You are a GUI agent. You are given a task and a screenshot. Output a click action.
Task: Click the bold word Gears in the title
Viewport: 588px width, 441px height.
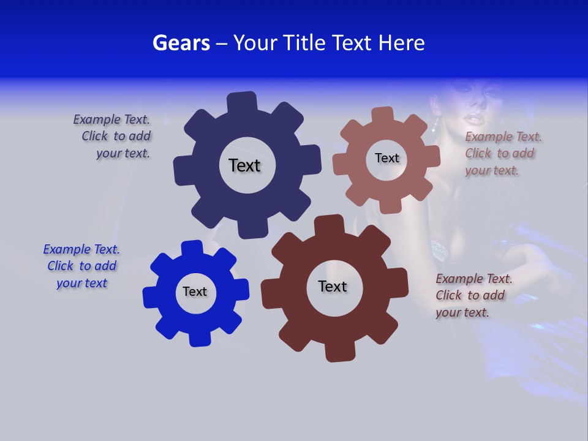pyautogui.click(x=181, y=43)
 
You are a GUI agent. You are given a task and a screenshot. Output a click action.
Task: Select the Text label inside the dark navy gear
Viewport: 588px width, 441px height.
pyautogui.click(x=244, y=165)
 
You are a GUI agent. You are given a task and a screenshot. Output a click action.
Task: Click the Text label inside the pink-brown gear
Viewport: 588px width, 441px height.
pyautogui.click(x=386, y=158)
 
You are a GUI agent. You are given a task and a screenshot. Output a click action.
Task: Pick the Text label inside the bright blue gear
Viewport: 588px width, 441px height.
pyautogui.click(x=195, y=292)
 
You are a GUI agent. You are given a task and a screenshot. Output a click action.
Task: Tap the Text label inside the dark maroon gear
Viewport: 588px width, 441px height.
pyautogui.click(x=333, y=286)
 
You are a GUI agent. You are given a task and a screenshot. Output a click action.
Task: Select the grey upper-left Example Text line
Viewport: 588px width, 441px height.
pyautogui.click(x=111, y=119)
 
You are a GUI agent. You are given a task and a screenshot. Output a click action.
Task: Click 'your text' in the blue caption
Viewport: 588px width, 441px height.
pyautogui.click(x=82, y=283)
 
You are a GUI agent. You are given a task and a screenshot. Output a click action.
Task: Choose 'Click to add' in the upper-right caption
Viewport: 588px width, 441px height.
pyautogui.click(x=499, y=153)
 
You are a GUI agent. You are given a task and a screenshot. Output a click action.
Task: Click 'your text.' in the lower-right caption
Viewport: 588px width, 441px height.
pyautogui.click(x=462, y=312)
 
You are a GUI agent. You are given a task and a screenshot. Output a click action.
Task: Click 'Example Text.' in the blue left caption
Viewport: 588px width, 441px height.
pyautogui.click(x=81, y=249)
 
